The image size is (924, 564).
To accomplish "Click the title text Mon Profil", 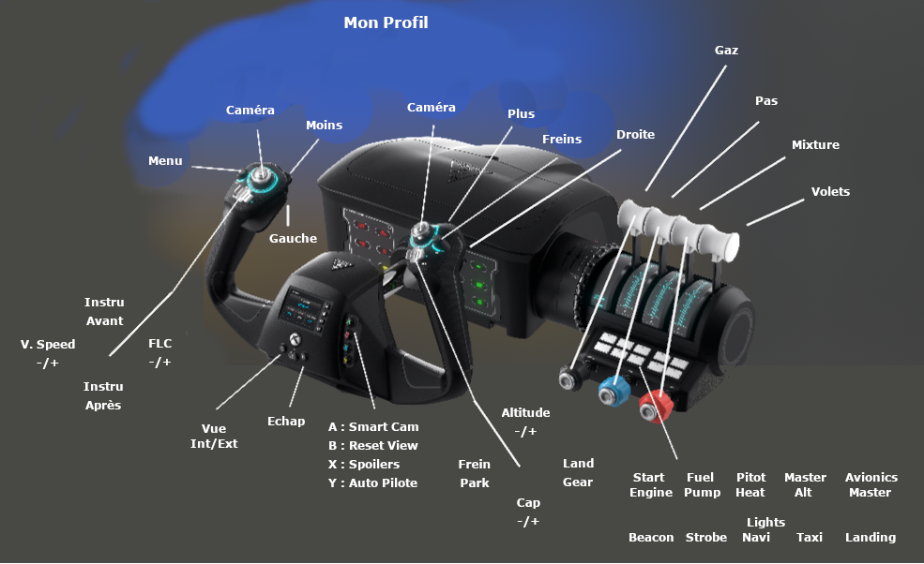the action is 386,22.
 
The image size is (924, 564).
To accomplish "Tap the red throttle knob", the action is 656,407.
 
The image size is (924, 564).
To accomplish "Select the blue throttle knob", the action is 613,391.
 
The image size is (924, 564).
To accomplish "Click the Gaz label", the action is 726,50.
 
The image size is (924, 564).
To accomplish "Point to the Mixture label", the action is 815,145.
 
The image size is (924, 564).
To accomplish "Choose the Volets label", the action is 830,191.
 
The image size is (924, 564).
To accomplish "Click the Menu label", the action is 165,161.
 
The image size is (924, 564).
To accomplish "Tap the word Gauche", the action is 293,238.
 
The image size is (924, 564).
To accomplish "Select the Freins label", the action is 562,139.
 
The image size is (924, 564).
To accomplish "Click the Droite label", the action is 635,134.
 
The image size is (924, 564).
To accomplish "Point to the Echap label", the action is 286,421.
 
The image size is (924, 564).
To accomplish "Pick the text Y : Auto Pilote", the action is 372,482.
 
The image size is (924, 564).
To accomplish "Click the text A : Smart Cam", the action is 373,427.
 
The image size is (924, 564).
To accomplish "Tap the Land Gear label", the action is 578,473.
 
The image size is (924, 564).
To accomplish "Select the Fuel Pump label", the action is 702,484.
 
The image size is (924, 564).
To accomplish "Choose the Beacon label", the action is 651,537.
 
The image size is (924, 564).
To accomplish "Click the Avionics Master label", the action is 871,484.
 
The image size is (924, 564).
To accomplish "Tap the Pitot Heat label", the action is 750,484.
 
